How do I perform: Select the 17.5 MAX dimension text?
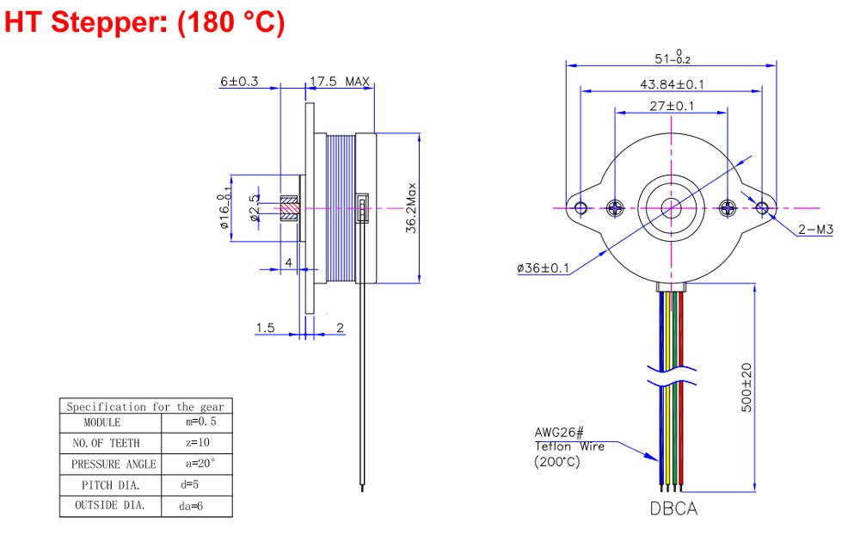click(339, 82)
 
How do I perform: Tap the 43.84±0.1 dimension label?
click(672, 84)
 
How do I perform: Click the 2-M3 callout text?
click(816, 231)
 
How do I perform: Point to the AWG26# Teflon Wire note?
click(569, 446)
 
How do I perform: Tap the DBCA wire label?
click(673, 508)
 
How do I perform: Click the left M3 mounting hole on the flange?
click(581, 207)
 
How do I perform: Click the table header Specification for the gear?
click(145, 406)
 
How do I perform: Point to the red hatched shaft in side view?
click(289, 207)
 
